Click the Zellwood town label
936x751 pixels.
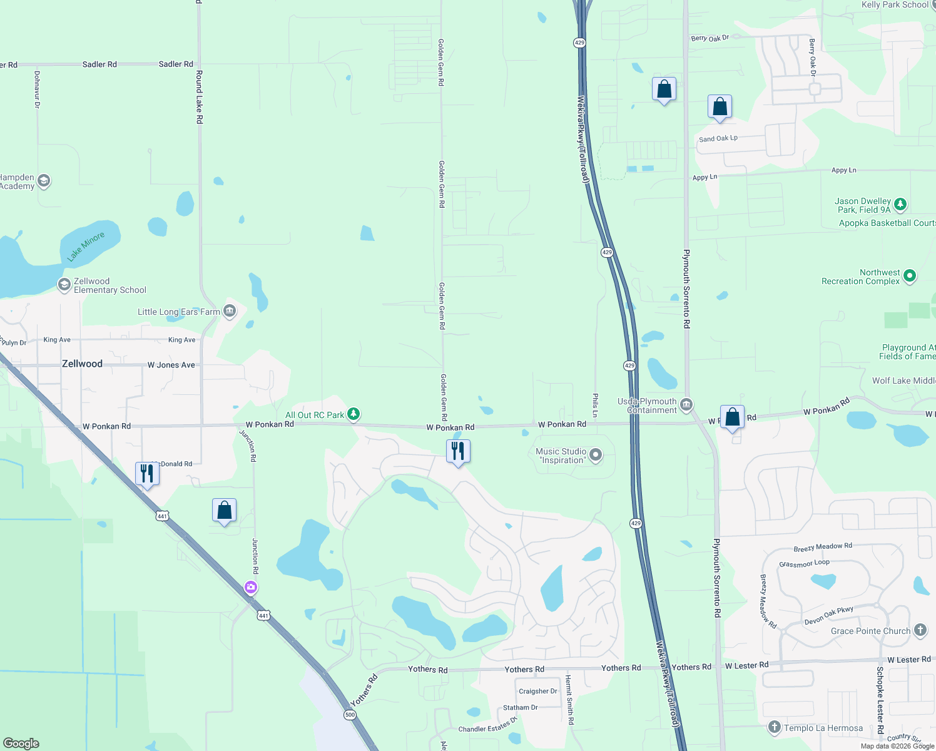point(82,364)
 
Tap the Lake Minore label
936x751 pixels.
point(86,247)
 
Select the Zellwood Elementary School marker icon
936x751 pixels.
point(64,285)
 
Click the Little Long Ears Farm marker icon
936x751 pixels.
point(230,311)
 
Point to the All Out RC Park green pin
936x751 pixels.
point(354,414)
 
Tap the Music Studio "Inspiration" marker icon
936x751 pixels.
point(596,455)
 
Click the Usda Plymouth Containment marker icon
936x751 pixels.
point(686,405)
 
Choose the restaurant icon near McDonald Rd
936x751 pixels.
point(147,473)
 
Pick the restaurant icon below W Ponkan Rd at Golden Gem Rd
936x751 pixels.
point(458,451)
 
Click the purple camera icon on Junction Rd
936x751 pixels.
point(251,587)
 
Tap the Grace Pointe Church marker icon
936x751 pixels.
point(920,630)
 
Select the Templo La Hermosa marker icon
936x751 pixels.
point(775,727)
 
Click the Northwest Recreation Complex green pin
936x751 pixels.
point(910,275)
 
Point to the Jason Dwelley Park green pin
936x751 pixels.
point(900,204)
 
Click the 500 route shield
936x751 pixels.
point(350,715)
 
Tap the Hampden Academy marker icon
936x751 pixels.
point(43,181)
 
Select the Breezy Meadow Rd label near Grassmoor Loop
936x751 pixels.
point(823,548)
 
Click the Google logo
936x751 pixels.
point(21,743)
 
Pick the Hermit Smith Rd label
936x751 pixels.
point(571,700)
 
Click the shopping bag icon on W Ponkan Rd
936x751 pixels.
point(732,417)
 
